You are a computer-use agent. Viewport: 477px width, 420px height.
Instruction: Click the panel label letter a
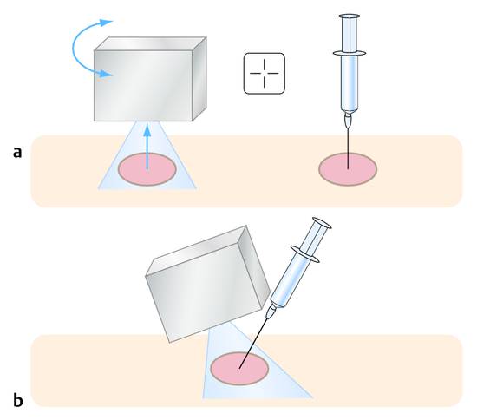click(17, 152)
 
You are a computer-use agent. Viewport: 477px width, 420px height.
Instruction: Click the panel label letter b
click(18, 400)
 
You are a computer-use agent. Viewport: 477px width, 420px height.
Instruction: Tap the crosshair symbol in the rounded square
click(264, 74)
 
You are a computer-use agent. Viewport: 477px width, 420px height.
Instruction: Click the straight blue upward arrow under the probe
click(147, 146)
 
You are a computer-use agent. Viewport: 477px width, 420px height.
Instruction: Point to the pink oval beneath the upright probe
click(147, 169)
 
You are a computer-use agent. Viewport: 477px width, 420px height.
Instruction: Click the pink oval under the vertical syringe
click(348, 169)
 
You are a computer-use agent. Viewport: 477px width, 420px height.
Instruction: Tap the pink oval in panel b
click(239, 368)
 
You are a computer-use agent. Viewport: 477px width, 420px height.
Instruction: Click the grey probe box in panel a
click(150, 79)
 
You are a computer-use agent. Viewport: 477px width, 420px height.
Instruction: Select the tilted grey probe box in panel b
click(207, 284)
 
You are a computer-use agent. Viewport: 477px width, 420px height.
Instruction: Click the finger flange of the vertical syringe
click(350, 53)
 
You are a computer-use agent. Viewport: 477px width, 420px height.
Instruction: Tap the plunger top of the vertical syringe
click(351, 16)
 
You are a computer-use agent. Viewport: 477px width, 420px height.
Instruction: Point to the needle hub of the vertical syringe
click(349, 121)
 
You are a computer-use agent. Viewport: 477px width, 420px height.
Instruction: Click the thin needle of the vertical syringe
click(349, 148)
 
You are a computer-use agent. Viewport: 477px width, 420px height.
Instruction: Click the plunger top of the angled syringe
click(322, 223)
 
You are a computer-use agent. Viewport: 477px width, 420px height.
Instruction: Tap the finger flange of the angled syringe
click(305, 253)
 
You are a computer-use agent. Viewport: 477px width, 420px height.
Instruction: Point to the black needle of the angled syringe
click(253, 343)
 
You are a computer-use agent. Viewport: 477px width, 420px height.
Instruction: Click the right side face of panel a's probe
click(199, 79)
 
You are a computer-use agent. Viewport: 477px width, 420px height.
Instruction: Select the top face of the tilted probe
click(196, 250)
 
